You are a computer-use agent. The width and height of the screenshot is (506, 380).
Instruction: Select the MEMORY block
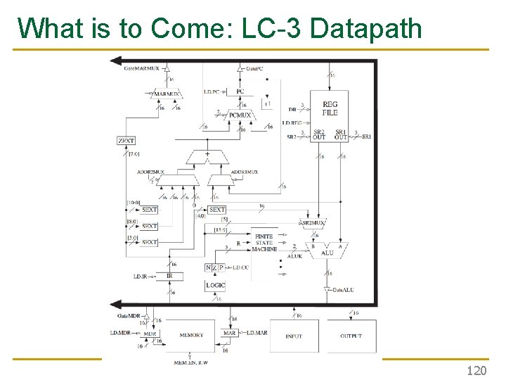(191, 335)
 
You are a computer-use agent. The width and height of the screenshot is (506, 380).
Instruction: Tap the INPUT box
(294, 336)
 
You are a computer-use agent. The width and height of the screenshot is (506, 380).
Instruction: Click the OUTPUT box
(351, 336)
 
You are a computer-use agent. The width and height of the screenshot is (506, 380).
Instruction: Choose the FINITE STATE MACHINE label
(264, 243)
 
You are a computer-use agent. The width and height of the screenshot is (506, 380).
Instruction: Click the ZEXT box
(126, 141)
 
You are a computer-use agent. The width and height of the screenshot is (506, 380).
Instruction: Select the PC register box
(240, 91)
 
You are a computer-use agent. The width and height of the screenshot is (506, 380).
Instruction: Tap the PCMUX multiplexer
(240, 115)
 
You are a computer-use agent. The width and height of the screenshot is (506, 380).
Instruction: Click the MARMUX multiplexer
(167, 93)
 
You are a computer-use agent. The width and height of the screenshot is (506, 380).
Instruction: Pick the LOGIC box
(216, 285)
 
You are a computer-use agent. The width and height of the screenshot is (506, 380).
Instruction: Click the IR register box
(169, 277)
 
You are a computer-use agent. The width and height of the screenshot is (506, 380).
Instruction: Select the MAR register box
(229, 332)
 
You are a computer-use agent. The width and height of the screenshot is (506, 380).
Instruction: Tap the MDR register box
(150, 333)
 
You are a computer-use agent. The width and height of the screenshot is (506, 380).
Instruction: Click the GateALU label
(342, 290)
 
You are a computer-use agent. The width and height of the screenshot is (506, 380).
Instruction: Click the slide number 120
(476, 370)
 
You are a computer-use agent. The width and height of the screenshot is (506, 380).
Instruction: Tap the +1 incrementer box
(267, 103)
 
